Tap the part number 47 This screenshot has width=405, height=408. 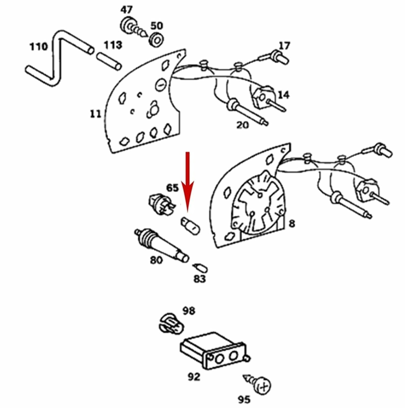tap(127, 10)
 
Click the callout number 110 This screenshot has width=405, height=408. tap(39, 47)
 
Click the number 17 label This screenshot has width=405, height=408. tap(284, 46)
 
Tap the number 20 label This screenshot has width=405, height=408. tap(242, 125)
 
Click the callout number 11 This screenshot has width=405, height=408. tap(96, 114)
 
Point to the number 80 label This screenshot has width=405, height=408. tap(156, 260)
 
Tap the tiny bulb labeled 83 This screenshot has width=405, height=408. tap(201, 268)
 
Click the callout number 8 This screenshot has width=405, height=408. tap(291, 224)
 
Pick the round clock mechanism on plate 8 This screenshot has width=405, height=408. tap(258, 204)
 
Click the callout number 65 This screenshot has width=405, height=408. tap(172, 188)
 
